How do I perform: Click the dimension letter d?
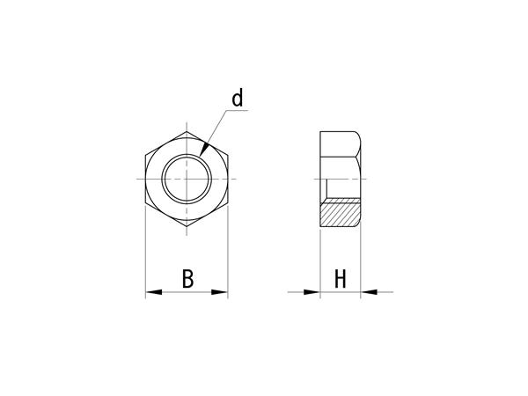tap(238, 98)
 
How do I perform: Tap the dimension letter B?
tap(188, 278)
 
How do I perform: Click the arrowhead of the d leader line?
tap(204, 150)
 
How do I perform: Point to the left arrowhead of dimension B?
tap(153, 292)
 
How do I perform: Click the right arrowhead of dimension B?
tap(219, 292)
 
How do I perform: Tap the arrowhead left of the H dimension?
tap(312, 292)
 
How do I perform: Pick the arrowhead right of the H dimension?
tap(369, 292)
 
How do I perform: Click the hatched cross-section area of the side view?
tap(340, 212)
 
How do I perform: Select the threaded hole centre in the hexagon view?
tap(187, 179)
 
